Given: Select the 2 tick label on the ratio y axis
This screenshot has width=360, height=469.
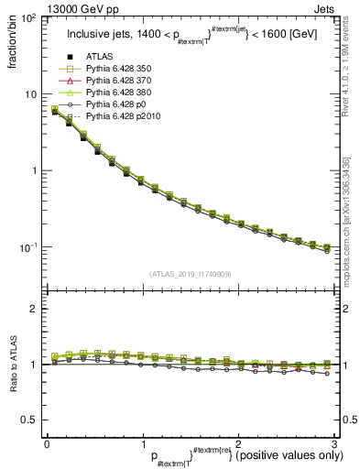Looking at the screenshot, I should [33, 309].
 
